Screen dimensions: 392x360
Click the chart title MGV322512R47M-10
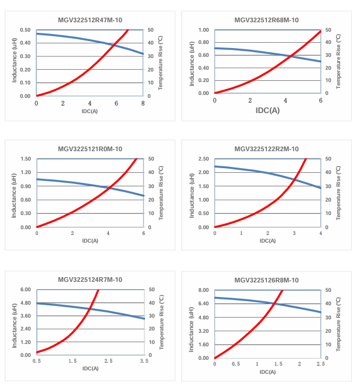[90, 20]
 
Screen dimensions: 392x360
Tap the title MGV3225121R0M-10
[90, 149]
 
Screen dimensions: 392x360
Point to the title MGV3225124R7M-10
[90, 280]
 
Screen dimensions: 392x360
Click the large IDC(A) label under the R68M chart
[267, 110]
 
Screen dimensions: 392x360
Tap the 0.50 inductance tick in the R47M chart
[25, 30]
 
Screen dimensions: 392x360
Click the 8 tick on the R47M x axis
[143, 103]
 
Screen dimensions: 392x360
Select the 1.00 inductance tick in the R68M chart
[203, 30]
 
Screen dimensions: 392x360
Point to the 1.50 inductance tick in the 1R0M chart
[25, 159]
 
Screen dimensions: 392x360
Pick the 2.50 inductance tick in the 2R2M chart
[203, 159]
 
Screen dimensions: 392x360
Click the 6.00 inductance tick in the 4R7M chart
[25, 290]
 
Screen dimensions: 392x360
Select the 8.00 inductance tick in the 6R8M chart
[203, 290]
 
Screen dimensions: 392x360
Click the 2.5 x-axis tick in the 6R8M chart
[320, 364]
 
